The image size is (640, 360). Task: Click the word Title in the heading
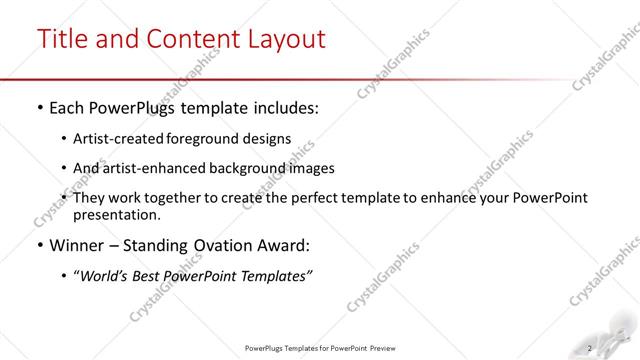63,39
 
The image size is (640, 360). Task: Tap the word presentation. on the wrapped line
116,214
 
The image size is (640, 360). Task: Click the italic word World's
106,275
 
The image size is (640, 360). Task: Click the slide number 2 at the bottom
591,348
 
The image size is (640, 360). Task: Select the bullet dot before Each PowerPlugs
39,106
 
